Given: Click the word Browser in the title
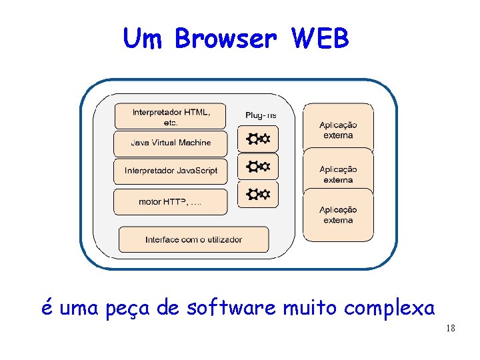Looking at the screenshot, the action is point(225,39).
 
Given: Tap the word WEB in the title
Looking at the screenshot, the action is point(320,39).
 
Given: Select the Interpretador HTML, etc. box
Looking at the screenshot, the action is point(171,117).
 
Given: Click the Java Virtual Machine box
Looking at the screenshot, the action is point(171,143).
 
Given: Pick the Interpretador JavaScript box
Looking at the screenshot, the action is point(171,171).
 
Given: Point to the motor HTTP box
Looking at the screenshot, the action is point(171,201).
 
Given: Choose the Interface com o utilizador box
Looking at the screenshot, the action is point(194,239).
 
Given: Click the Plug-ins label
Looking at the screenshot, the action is point(261,115).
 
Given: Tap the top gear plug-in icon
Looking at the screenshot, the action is point(258,139).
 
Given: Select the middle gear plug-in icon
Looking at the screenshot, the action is point(258,166).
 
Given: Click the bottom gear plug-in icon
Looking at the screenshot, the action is point(258,194).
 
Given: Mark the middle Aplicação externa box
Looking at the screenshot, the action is point(338,174).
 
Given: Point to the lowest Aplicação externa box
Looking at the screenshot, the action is point(338,215).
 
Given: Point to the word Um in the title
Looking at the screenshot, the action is point(144,39).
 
